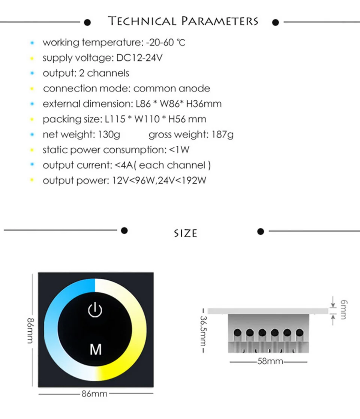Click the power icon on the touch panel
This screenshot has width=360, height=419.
pyautogui.click(x=95, y=310)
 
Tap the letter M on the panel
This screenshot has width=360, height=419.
pyautogui.click(x=96, y=349)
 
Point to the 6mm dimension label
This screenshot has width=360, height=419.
pyautogui.click(x=342, y=309)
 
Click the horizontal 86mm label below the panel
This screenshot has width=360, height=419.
pyautogui.click(x=94, y=394)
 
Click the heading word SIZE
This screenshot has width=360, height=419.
pyautogui.click(x=186, y=233)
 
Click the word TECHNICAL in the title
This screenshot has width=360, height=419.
pyautogui.click(x=142, y=21)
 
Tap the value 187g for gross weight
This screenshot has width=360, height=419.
pyautogui.click(x=222, y=135)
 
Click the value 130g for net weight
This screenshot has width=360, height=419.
pyautogui.click(x=109, y=135)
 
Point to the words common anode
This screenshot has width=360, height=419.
pyautogui.click(x=172, y=89)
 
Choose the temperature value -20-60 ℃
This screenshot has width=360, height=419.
pyautogui.click(x=165, y=42)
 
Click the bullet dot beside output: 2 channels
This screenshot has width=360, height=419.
pyautogui.click(x=32, y=73)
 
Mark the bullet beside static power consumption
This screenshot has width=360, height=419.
pyautogui.click(x=32, y=150)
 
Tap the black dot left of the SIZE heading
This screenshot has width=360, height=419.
pyautogui.click(x=124, y=230)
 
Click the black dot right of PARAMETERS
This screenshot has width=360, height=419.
pyautogui.click(x=276, y=22)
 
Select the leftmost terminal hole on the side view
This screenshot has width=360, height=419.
pyautogui.click(x=237, y=332)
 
